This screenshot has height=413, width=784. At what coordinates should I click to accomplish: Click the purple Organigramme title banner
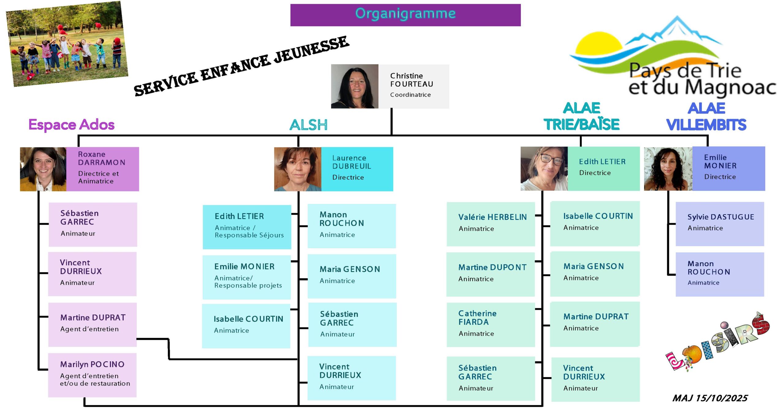pyautogui.click(x=405, y=15)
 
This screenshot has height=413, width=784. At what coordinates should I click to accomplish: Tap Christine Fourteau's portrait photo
pyautogui.click(x=354, y=86)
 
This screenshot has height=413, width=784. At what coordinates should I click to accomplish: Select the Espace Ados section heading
pyautogui.click(x=71, y=125)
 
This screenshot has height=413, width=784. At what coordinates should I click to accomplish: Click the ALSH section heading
pyautogui.click(x=308, y=125)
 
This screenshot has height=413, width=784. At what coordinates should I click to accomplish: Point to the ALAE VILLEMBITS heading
pyautogui.click(x=706, y=117)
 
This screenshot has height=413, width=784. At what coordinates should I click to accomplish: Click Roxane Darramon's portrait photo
pyautogui.click(x=43, y=169)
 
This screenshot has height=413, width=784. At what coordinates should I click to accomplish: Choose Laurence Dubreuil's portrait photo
pyautogui.click(x=297, y=169)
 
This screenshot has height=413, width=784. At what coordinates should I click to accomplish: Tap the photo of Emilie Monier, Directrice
pyautogui.click(x=668, y=169)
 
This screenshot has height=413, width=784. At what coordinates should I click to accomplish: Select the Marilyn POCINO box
pyautogui.click(x=92, y=375)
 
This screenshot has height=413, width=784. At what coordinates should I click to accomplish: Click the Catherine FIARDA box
pyautogui.click(x=490, y=324)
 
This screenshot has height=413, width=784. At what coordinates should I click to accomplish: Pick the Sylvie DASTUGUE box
pyautogui.click(x=719, y=224)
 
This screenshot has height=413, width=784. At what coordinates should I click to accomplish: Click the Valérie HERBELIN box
pyautogui.click(x=491, y=224)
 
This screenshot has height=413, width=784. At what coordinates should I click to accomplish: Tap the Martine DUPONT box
pyautogui.click(x=490, y=274)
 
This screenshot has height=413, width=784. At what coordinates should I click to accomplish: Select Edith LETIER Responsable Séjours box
pyautogui.click(x=247, y=227)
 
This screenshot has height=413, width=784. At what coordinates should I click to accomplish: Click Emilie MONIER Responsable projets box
pyautogui.click(x=247, y=277)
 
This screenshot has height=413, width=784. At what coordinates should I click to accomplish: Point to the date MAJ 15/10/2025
pyautogui.click(x=710, y=398)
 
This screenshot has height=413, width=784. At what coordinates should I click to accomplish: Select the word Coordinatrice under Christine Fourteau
pyautogui.click(x=410, y=95)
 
